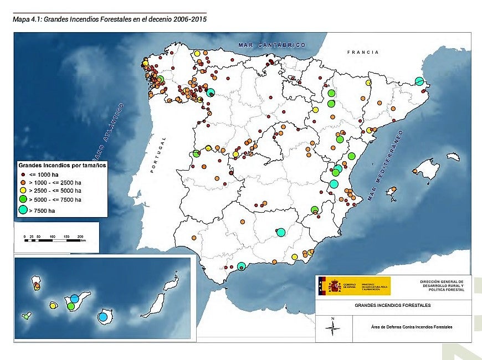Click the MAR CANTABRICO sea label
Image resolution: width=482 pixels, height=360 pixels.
tap(271, 45)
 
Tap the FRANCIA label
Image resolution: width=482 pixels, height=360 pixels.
tap(363, 52)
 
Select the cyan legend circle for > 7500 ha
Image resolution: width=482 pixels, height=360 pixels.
tap(23, 210)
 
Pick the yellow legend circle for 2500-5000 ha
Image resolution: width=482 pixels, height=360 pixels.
tap(23, 190)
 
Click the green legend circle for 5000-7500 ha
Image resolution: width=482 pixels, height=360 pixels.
tap(23, 199)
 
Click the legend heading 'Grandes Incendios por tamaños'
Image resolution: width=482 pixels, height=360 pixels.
tap(62, 165)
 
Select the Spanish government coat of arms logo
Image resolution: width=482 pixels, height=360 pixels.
tap(334, 286)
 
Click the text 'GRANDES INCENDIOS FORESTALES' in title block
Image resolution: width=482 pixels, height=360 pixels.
tap(392, 305)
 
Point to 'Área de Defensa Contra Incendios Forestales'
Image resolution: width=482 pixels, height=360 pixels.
tap(411, 327)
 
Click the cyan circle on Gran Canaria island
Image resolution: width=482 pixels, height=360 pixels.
tap(102, 317)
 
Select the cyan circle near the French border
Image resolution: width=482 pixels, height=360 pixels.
tap(420, 81)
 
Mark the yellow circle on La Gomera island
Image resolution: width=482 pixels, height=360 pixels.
tap(53, 305)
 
